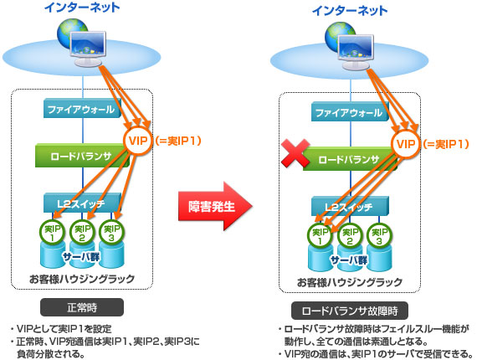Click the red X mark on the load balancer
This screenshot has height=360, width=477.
(x=295, y=153)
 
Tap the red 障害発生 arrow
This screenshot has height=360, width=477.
(x=215, y=206)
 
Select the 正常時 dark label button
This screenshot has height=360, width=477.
(x=82, y=307)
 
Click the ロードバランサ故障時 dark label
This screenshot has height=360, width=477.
(x=350, y=311)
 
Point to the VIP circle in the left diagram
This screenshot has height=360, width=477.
(x=138, y=141)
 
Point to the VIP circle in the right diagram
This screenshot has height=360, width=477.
(x=406, y=144)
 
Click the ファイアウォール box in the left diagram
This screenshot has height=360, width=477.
(x=82, y=108)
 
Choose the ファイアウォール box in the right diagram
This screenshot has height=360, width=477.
(x=350, y=111)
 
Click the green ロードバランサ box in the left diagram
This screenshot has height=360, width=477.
(x=82, y=156)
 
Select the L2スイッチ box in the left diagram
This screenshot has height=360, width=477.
(x=82, y=203)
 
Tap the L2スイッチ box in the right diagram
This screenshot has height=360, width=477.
(x=350, y=206)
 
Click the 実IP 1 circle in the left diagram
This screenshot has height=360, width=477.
(x=53, y=233)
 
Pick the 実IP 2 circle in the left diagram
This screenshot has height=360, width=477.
(x=82, y=233)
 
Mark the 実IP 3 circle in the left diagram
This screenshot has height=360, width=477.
(x=111, y=233)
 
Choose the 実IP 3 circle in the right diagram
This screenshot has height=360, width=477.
(x=379, y=236)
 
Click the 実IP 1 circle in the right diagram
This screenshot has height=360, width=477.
(x=320, y=236)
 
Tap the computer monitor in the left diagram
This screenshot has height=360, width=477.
(x=88, y=49)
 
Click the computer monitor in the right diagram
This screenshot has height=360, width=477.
(x=356, y=52)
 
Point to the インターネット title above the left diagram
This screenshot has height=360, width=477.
(x=82, y=8)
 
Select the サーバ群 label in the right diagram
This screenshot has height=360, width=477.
(x=349, y=260)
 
